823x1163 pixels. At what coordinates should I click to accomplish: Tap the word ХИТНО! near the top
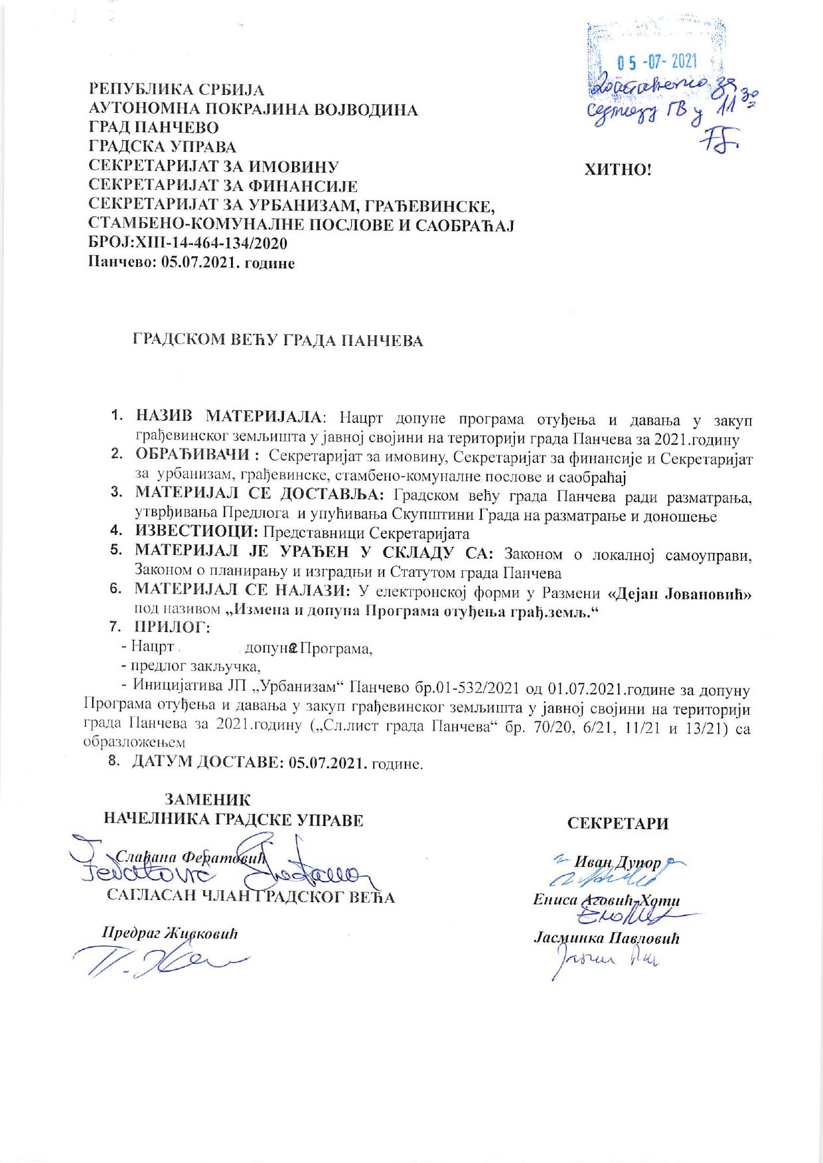click(x=618, y=170)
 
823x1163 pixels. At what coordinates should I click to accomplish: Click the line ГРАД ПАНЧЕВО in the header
click(x=154, y=127)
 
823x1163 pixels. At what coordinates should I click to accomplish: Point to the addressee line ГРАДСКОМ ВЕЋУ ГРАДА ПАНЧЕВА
click(x=279, y=341)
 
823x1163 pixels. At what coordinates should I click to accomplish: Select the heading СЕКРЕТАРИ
click(x=617, y=824)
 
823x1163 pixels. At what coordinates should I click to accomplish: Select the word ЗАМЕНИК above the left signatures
click(x=208, y=800)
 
